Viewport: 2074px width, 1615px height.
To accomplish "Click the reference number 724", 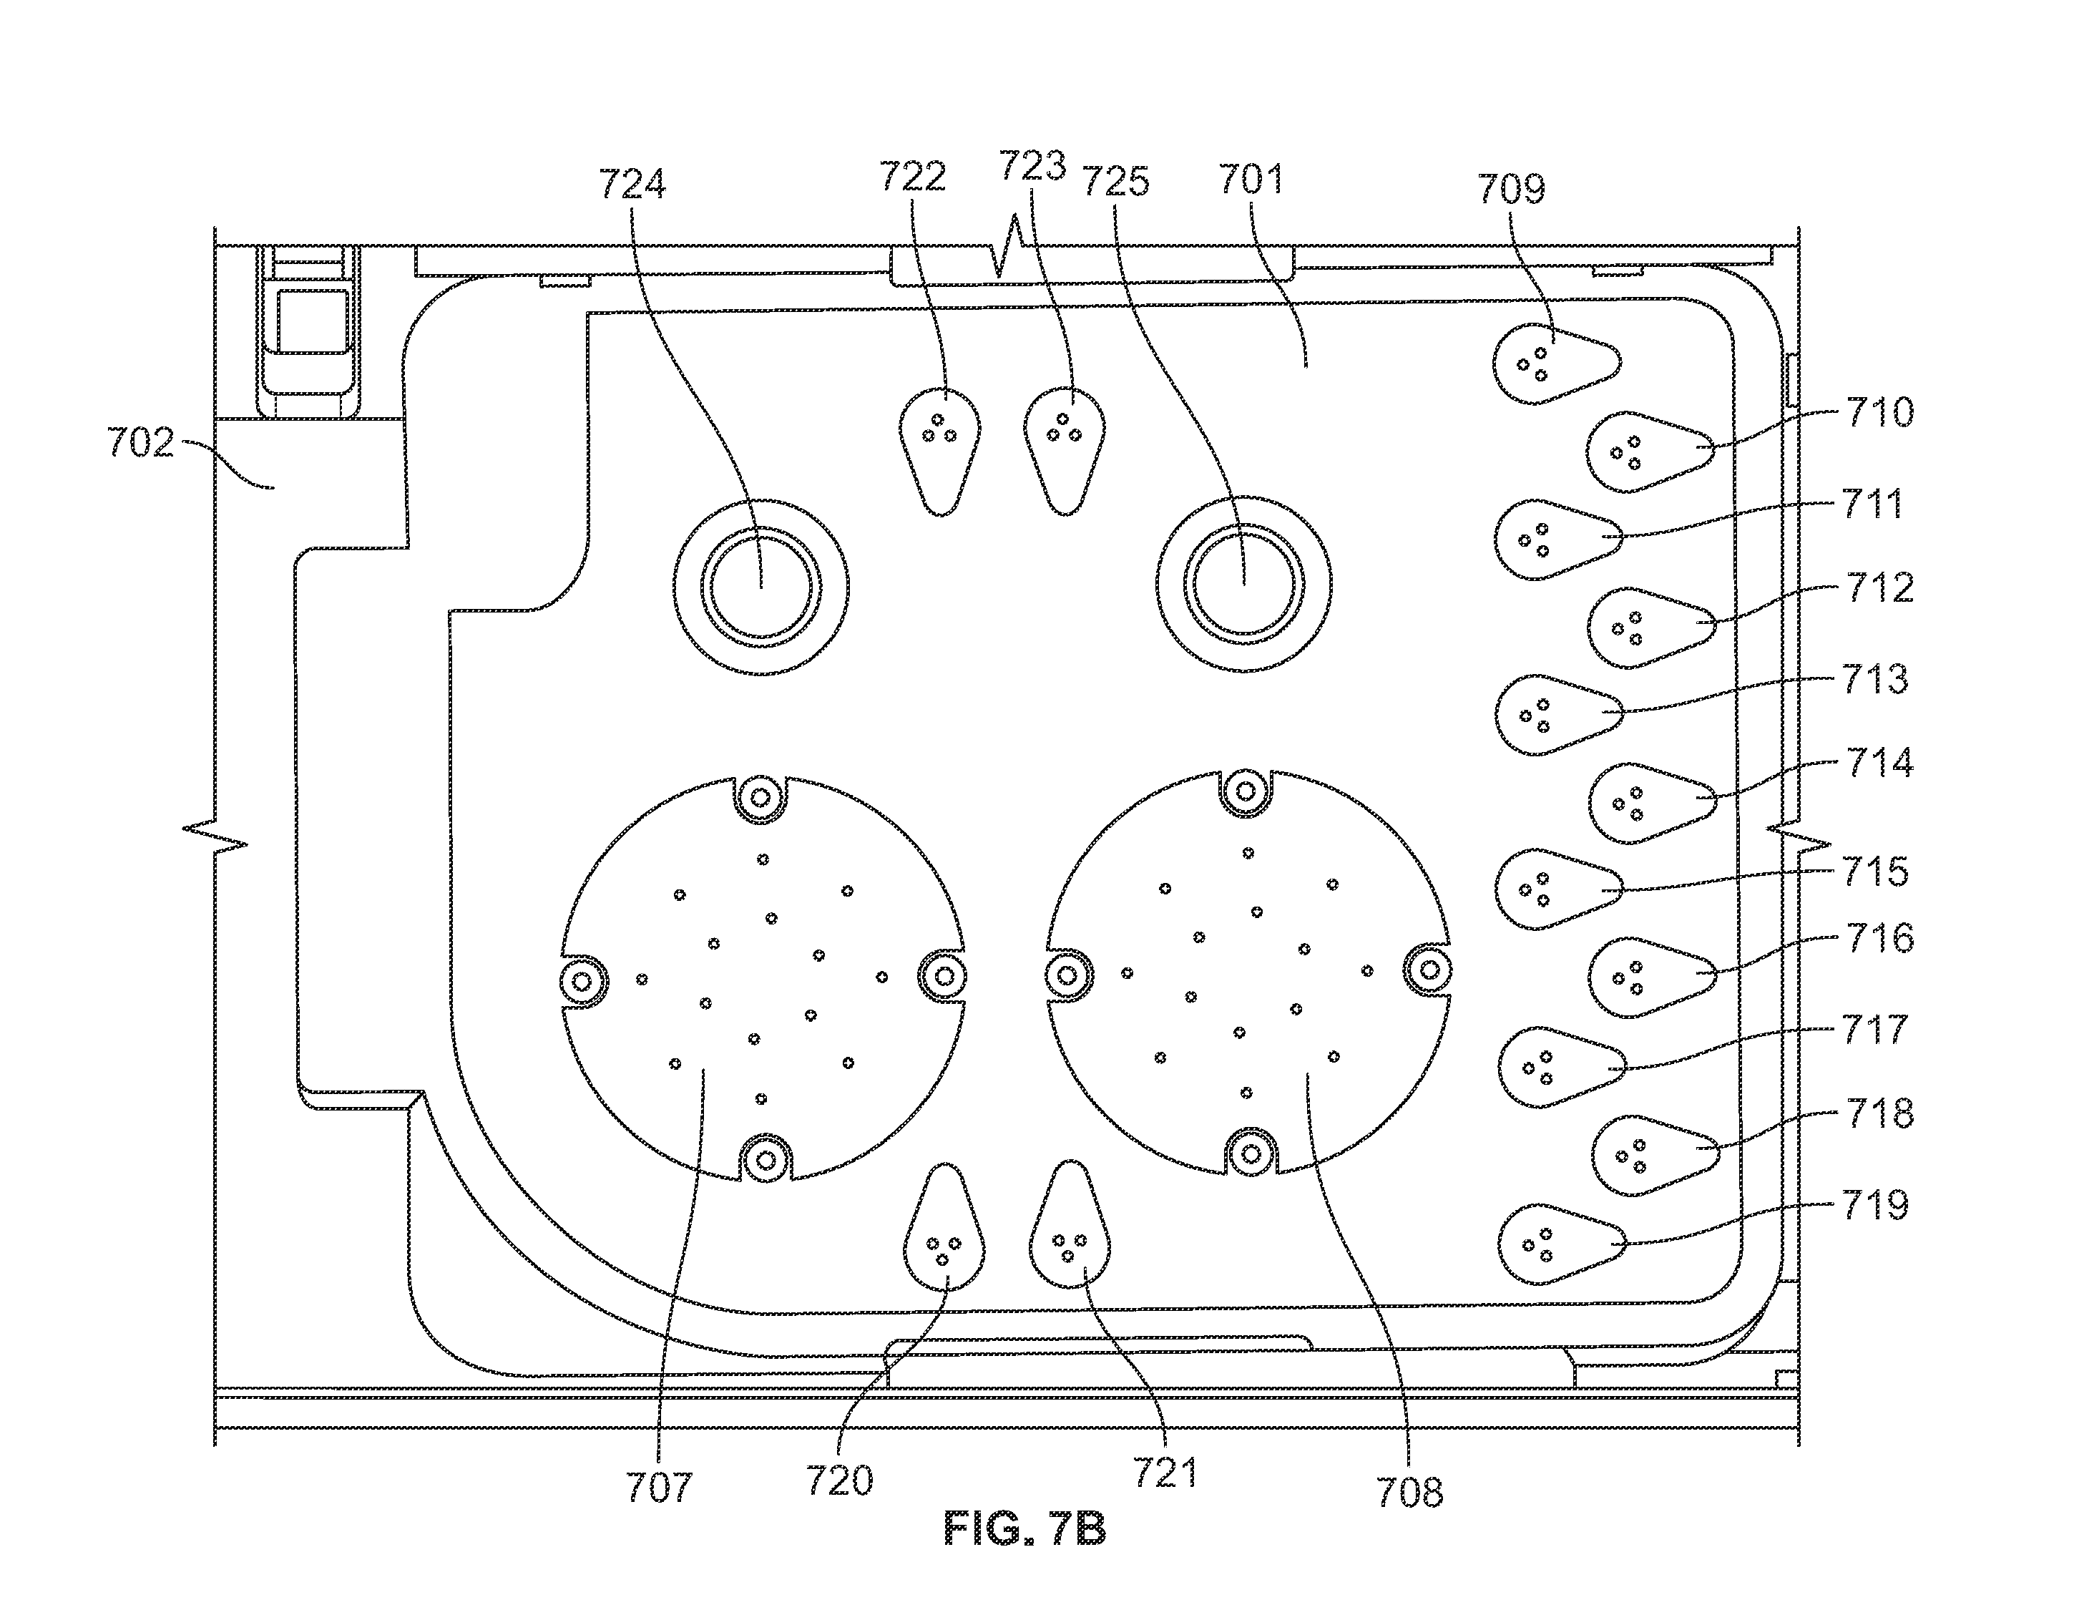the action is (632, 183).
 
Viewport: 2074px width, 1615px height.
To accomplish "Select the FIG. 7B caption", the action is (1024, 1531).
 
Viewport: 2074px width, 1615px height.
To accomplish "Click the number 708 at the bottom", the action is (1409, 1493).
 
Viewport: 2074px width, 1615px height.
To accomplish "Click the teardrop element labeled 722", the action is (940, 452).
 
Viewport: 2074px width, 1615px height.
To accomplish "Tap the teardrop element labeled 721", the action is (1070, 1224).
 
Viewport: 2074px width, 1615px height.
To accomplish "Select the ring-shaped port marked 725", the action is (1244, 583).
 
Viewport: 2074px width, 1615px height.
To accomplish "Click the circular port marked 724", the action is (762, 587).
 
